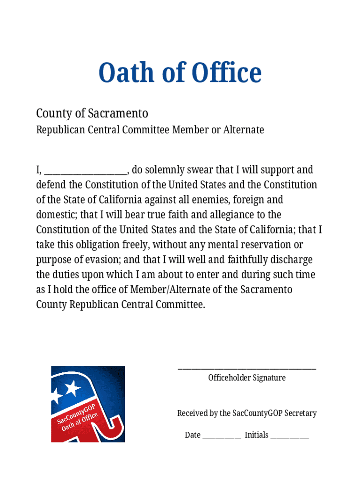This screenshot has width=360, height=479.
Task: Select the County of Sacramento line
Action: pos(92,113)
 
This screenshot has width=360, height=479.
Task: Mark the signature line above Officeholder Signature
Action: pos(247,369)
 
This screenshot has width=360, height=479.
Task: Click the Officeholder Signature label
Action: pos(247,377)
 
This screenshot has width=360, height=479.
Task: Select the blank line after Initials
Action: pos(290,437)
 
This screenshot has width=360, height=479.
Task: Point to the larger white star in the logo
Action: pos(73,388)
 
